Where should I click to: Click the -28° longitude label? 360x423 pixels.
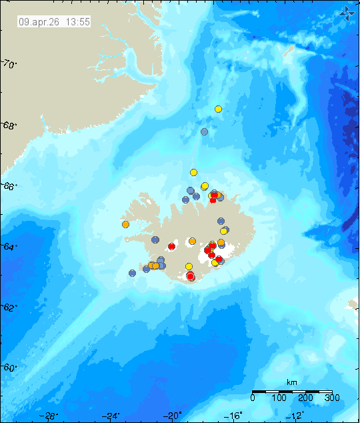pyautogui.click(x=49, y=416)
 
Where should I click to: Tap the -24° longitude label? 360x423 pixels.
pyautogui.click(x=111, y=416)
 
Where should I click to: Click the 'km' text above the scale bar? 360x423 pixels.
pyautogui.click(x=291, y=382)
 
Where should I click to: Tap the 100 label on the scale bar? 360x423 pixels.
pyautogui.click(x=279, y=398)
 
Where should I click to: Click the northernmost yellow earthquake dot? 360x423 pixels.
pyautogui.click(x=218, y=109)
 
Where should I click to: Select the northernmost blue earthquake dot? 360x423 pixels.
pyautogui.click(x=205, y=131)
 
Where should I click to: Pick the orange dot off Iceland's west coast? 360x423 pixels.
pyautogui.click(x=125, y=225)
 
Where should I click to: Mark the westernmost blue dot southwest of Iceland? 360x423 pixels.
pyautogui.click(x=132, y=273)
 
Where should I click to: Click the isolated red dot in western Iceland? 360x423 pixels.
pyautogui.click(x=171, y=247)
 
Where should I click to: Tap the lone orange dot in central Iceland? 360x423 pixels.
pyautogui.click(x=192, y=241)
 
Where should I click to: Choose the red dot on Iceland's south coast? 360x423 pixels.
pyautogui.click(x=190, y=276)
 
